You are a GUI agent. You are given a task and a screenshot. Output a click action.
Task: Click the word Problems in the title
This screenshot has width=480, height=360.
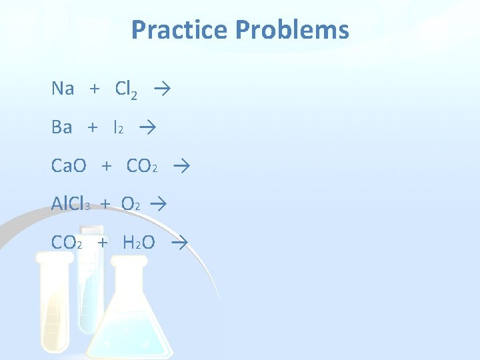(x=293, y=30)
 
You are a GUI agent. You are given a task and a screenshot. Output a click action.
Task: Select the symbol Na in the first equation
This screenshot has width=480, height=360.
(x=62, y=89)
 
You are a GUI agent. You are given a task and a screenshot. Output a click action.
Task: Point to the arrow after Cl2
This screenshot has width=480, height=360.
(x=160, y=88)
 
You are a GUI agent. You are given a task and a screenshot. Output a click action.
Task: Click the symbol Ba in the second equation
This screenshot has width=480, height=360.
(x=61, y=127)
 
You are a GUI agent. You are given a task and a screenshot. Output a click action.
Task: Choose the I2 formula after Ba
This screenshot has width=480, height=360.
(x=118, y=127)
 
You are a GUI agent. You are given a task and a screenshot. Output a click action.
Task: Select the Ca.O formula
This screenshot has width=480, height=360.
(x=69, y=165)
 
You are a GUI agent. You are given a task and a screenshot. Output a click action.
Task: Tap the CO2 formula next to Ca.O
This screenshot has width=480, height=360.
(x=142, y=165)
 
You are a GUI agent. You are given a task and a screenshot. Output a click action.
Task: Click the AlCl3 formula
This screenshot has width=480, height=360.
(x=71, y=204)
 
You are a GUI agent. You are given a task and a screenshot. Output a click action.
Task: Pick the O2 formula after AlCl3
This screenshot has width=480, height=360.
(x=131, y=204)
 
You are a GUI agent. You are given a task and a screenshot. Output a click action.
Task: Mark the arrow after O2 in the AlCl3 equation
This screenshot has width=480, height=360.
(x=158, y=203)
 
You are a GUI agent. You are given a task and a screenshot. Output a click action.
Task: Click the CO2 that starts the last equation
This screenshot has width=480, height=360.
(x=67, y=242)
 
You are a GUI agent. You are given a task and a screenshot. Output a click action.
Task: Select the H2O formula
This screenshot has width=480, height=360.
(x=139, y=242)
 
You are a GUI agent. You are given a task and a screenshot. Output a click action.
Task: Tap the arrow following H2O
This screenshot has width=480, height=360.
(x=178, y=241)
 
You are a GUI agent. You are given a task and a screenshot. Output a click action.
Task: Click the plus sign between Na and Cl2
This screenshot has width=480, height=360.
(x=95, y=89)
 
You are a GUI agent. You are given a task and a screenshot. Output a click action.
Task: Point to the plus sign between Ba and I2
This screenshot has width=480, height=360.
(x=92, y=127)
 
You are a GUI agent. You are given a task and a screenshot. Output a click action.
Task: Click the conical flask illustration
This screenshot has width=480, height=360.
(x=130, y=313)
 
